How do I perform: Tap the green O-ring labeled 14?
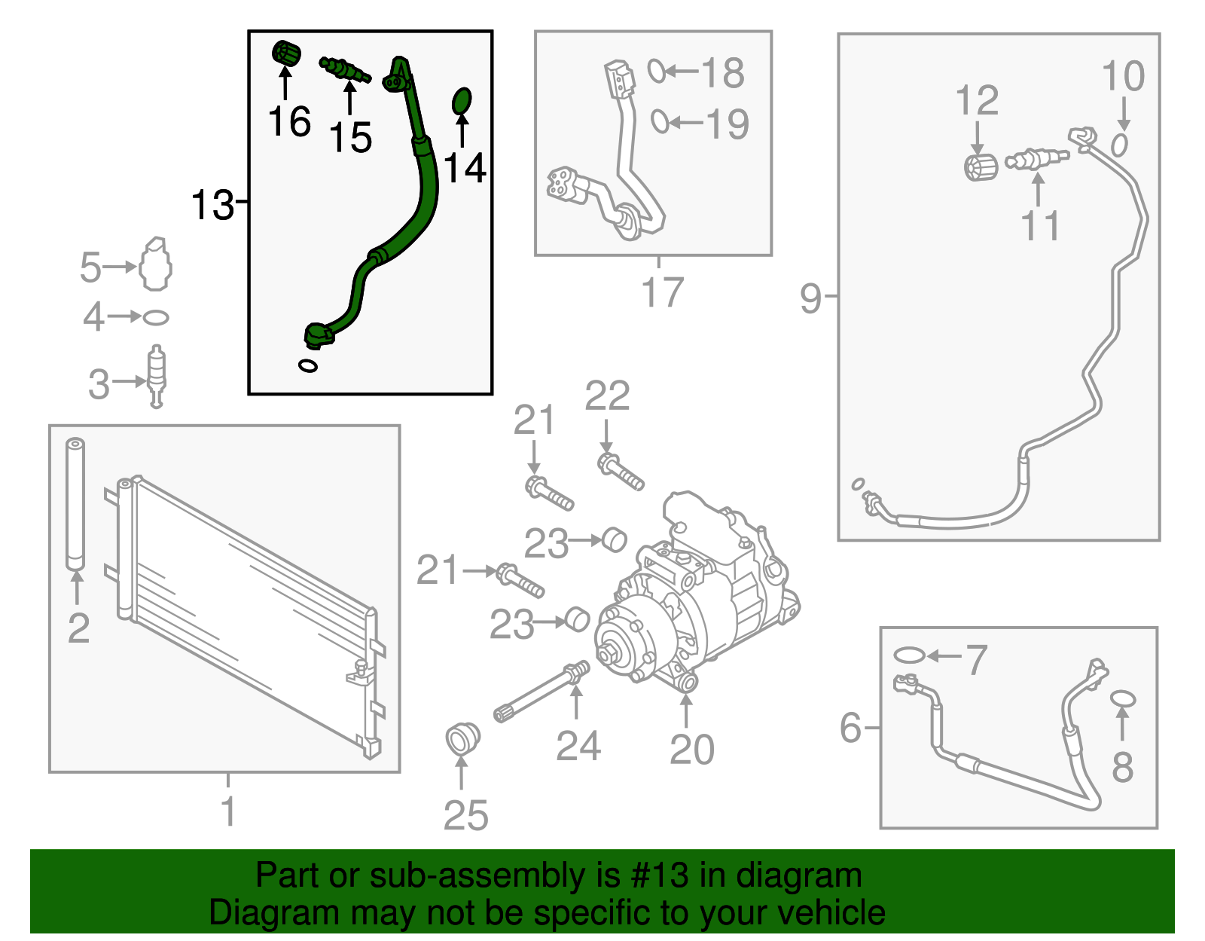pyautogui.click(x=462, y=101)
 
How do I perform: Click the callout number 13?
pyautogui.click(x=212, y=204)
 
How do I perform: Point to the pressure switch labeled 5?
pyautogui.click(x=157, y=264)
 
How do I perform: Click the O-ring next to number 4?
pyautogui.click(x=155, y=318)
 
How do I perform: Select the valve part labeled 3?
pyautogui.click(x=157, y=375)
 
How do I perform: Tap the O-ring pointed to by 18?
pyautogui.click(x=656, y=72)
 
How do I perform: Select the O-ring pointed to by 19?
pyautogui.click(x=659, y=121)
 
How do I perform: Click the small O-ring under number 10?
pyautogui.click(x=1120, y=144)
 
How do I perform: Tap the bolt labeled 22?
pyautogui.click(x=621, y=472)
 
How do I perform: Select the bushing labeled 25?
pyautogui.click(x=462, y=737)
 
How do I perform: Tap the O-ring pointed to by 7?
pyautogui.click(x=909, y=655)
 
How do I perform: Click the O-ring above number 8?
pyautogui.click(x=1122, y=698)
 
